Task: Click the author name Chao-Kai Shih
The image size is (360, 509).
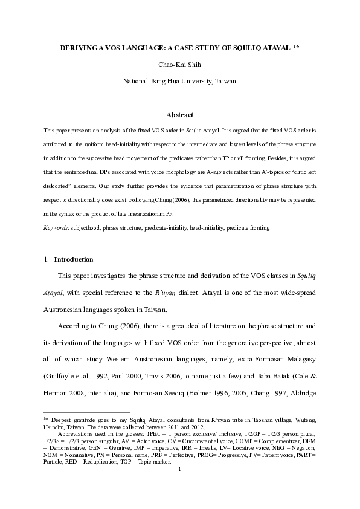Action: (x=179, y=63)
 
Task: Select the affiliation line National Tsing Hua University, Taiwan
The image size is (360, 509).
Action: (x=179, y=80)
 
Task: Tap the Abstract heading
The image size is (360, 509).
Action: (x=179, y=114)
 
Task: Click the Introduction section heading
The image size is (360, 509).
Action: (x=74, y=259)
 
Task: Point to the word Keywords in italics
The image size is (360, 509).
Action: (x=56, y=229)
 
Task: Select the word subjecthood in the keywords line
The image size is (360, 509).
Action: (x=88, y=229)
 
